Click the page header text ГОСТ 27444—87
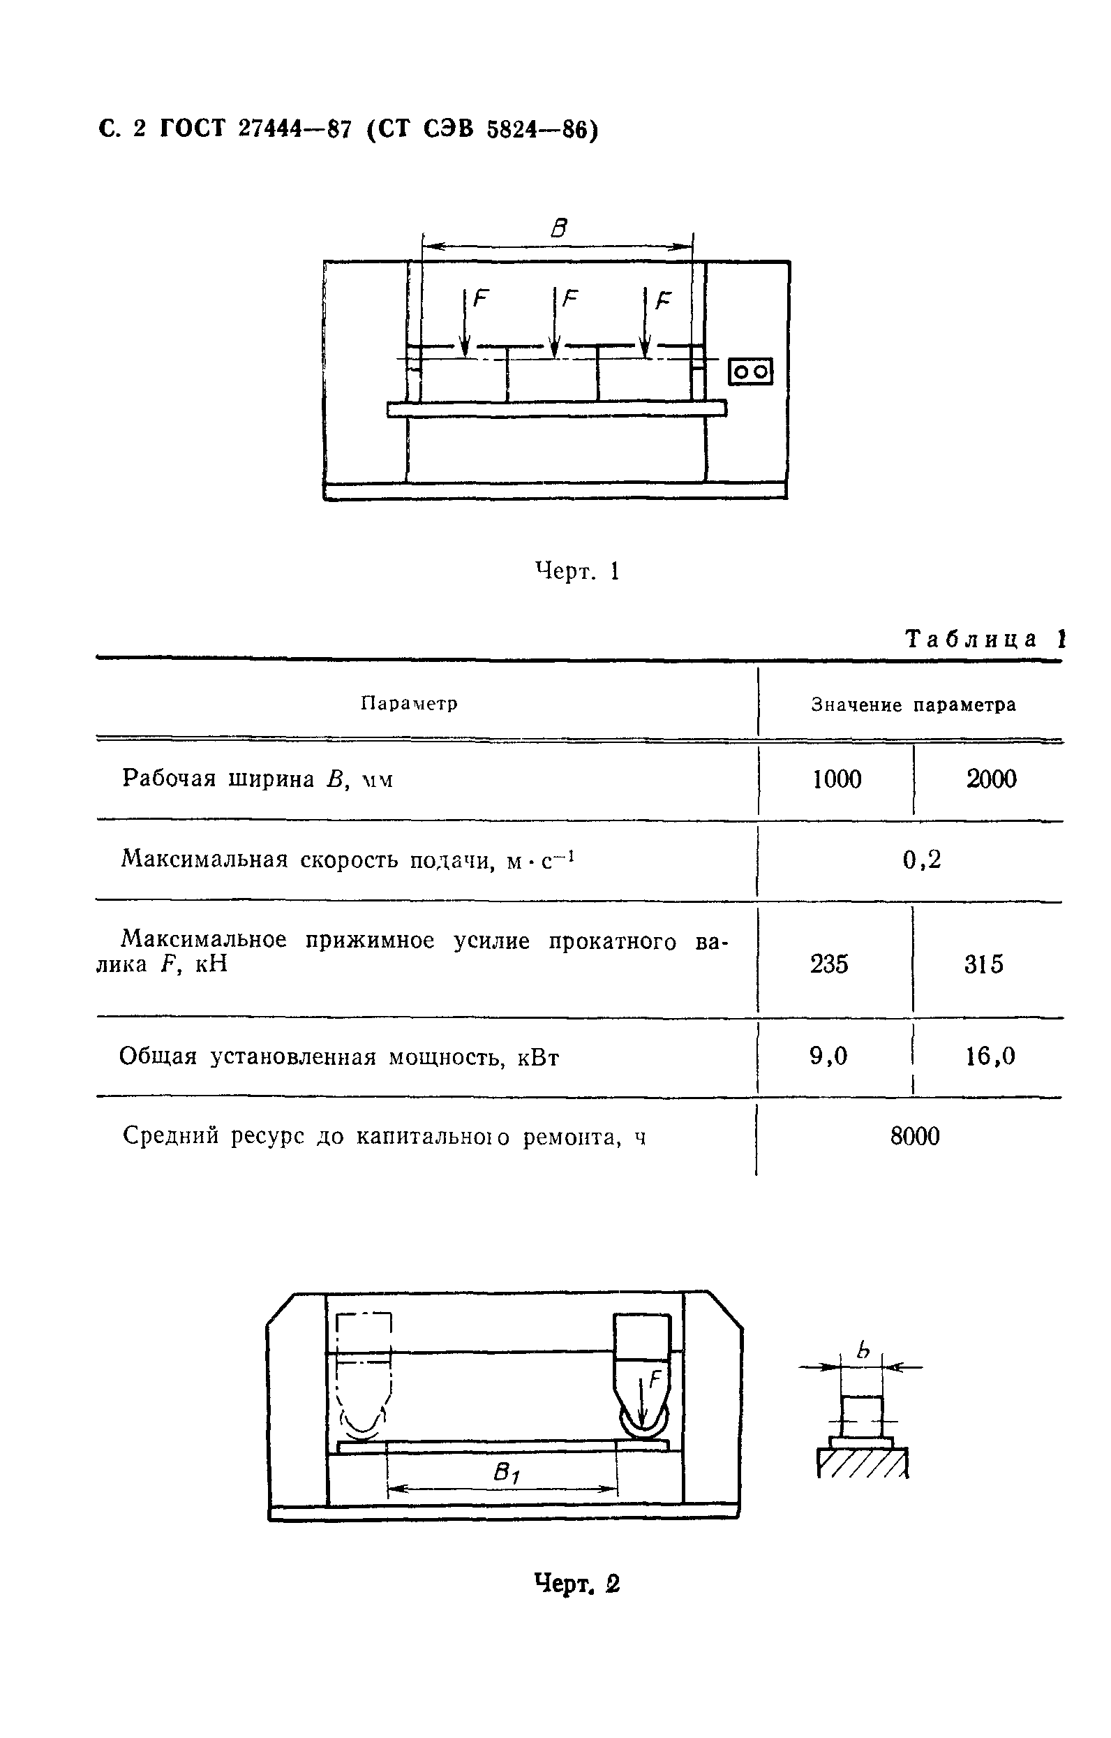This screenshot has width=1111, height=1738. click(x=255, y=129)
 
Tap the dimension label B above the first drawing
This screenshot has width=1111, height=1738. click(x=558, y=229)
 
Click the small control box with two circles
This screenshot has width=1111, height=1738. click(x=750, y=371)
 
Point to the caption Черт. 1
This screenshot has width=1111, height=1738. click(x=577, y=571)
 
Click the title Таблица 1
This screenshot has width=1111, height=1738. click(x=984, y=639)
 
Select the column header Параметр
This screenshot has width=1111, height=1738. click(x=409, y=703)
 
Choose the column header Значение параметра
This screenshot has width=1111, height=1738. click(x=914, y=705)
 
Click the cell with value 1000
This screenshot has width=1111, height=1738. click(x=837, y=779)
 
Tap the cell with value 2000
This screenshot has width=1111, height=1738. click(x=991, y=779)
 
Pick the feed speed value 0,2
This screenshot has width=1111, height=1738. click(x=921, y=859)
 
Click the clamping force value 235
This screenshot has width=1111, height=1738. click(x=829, y=964)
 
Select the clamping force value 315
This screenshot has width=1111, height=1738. click(x=983, y=964)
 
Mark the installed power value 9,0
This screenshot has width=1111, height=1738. click(x=828, y=1056)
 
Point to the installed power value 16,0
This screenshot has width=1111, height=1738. click(x=990, y=1056)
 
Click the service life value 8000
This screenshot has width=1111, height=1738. click(x=915, y=1136)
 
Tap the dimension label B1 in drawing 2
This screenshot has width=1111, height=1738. click(x=507, y=1473)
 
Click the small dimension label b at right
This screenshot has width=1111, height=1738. click(x=863, y=1350)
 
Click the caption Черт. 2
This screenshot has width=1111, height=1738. click(x=577, y=1584)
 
